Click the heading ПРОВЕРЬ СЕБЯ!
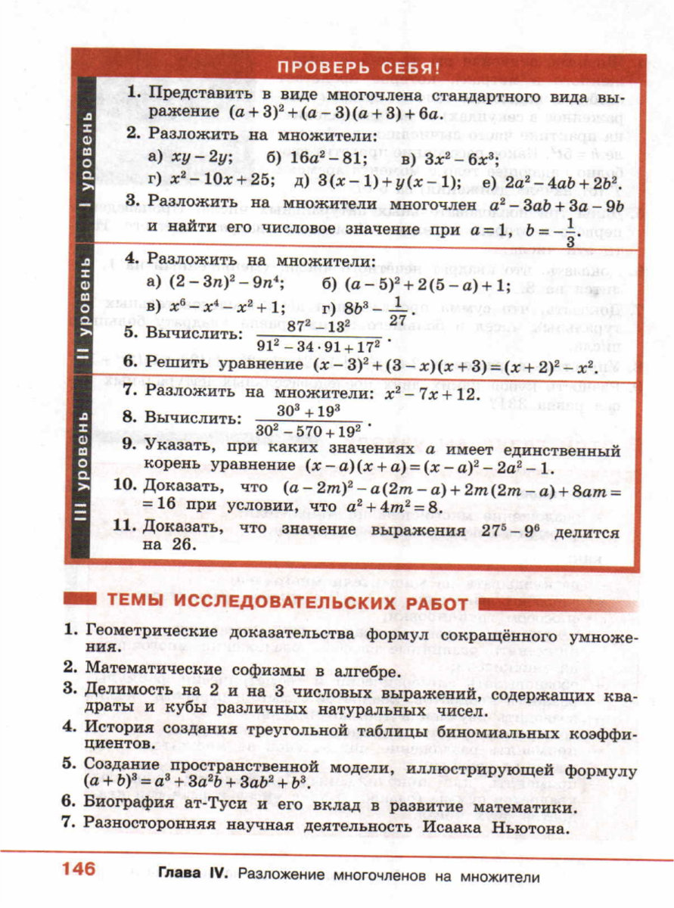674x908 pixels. (x=358, y=67)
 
